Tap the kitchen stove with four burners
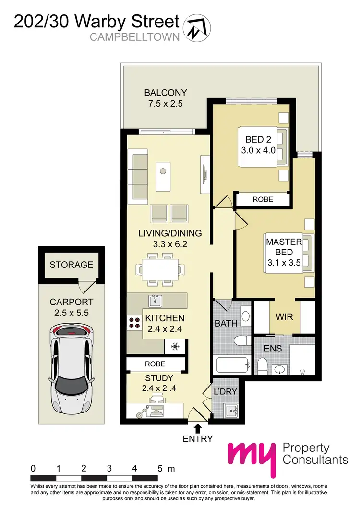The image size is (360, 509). (133, 322)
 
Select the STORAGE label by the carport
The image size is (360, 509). (71, 265)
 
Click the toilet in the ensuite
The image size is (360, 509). (262, 367)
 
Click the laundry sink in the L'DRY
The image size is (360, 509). (232, 411)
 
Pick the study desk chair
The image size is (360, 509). (157, 399)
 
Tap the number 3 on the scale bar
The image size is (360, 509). (109, 468)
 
